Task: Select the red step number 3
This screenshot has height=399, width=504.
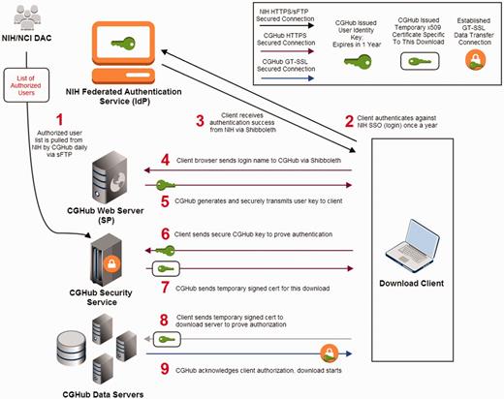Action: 201,121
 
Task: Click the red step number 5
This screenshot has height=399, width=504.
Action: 165,201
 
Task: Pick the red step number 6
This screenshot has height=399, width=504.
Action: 165,235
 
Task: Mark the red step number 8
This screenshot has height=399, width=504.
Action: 165,319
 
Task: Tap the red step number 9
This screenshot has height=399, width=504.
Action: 165,368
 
